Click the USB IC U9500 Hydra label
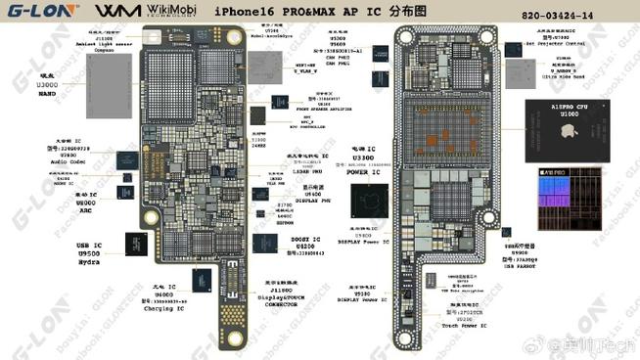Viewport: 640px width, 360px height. (x=90, y=249)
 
